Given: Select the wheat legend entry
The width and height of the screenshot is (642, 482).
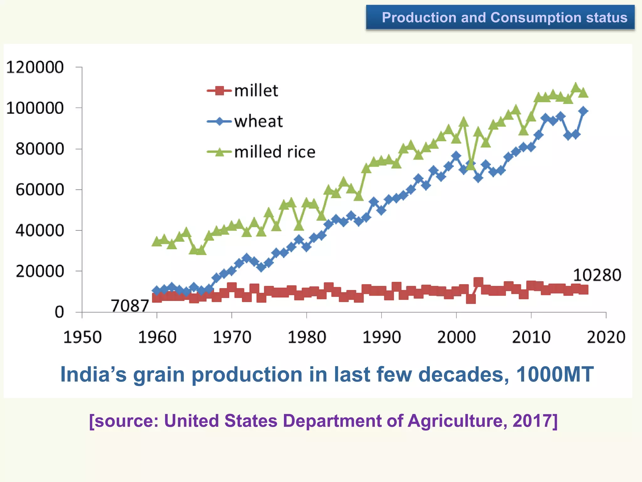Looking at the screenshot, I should pyautogui.click(x=245, y=121).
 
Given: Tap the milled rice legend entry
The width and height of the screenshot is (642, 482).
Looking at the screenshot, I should pyautogui.click(x=261, y=152).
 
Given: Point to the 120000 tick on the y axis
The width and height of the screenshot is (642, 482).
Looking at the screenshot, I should pyautogui.click(x=35, y=67).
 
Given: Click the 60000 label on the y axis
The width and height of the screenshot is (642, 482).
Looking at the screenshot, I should pyautogui.click(x=39, y=190).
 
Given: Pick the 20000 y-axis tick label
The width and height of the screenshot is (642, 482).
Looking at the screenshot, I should pyautogui.click(x=39, y=271).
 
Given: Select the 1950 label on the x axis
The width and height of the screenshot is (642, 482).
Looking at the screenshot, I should pyautogui.click(x=82, y=337).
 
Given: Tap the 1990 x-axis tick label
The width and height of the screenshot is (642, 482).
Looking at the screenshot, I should pyautogui.click(x=382, y=337).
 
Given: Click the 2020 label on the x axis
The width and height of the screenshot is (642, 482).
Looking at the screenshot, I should pyautogui.click(x=606, y=337).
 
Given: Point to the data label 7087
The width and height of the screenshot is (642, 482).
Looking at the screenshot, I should pyautogui.click(x=130, y=306).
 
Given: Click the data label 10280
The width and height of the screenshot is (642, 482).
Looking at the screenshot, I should pyautogui.click(x=597, y=275).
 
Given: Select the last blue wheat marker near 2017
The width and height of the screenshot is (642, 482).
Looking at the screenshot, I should pyautogui.click(x=583, y=111).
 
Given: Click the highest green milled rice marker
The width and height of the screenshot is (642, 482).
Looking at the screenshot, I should pyautogui.click(x=576, y=87).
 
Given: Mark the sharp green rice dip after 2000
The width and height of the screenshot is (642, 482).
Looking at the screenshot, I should pyautogui.click(x=471, y=165).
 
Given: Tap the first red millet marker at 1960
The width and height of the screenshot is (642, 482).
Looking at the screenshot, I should pyautogui.click(x=157, y=297).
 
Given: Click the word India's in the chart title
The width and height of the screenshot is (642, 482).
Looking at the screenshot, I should pyautogui.click(x=93, y=374).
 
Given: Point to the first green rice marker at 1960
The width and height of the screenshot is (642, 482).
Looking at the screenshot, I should pyautogui.click(x=157, y=241).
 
